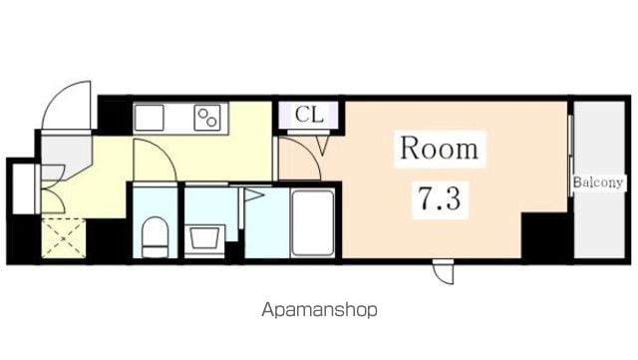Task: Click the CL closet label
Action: pos(309,115)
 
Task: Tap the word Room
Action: pos(439,149)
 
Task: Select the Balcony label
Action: pos(598,182)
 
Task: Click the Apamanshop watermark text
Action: pos(319,310)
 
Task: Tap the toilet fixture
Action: pos(156,237)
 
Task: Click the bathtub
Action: pos(312,223)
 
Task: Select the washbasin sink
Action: pos(204,237)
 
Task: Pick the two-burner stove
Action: pos(207,118)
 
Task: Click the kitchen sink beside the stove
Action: pos(149,118)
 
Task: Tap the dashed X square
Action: pos(64,238)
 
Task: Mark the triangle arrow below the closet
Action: pos(323,146)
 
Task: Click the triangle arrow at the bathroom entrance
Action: pos(253,194)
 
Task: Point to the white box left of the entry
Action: pos(24,188)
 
